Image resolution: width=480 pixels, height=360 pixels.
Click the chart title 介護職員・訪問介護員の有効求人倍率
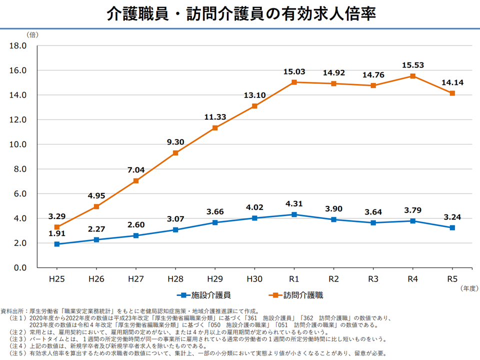(x=240, y=14)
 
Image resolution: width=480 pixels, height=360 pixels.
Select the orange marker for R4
(x=412, y=76)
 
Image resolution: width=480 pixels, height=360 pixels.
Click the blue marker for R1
(x=294, y=214)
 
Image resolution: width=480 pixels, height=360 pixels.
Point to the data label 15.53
(x=412, y=65)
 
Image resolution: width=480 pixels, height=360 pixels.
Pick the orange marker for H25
(x=57, y=227)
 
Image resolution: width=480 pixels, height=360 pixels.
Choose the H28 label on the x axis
(x=175, y=279)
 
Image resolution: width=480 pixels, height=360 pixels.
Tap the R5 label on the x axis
(x=452, y=279)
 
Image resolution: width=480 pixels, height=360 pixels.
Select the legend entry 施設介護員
(x=205, y=295)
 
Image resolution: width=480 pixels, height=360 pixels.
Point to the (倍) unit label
(x=31, y=34)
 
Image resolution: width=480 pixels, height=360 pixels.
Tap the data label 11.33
(x=215, y=117)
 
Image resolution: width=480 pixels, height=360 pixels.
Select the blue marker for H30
(x=254, y=218)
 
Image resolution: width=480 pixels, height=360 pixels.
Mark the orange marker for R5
(x=452, y=93)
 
